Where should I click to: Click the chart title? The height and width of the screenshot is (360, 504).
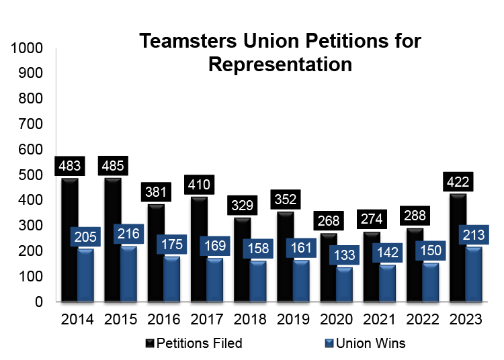point(280,52)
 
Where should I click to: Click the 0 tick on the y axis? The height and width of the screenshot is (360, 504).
point(40,302)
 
